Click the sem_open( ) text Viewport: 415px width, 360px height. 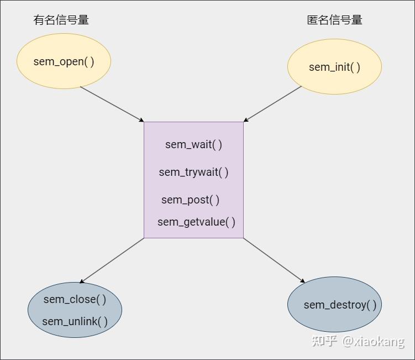64,61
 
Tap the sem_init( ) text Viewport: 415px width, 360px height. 334,67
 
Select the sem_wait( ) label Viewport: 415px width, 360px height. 193,144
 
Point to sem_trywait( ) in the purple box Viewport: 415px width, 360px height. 193,172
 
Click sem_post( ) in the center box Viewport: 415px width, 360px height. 190,200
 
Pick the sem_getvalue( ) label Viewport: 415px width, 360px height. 196,222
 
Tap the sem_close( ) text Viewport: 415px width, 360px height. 75,299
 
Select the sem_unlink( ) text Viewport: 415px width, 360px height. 75,321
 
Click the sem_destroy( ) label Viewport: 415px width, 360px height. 340,305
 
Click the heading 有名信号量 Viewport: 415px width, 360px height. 61,20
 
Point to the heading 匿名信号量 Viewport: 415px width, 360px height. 334,20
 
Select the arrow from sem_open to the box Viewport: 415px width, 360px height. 112,105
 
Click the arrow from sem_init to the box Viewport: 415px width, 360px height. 272,104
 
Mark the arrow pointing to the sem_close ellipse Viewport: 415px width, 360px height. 112,260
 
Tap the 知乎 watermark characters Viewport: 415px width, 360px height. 324,341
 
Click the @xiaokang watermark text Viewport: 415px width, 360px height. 374,341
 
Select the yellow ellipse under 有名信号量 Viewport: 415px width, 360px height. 64,75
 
